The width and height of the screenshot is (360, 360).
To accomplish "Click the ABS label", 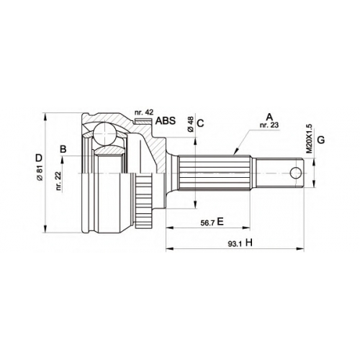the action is [x=166, y=121].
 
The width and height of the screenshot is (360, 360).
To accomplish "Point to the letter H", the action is [x=249, y=243].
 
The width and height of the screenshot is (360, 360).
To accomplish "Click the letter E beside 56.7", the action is [x=220, y=222].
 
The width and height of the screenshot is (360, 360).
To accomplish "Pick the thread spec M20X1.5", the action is [x=309, y=138].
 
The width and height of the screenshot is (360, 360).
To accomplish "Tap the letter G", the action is [x=321, y=140].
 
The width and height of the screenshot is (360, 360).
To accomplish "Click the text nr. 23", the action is [x=270, y=125].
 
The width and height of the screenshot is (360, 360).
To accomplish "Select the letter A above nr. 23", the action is [x=270, y=117].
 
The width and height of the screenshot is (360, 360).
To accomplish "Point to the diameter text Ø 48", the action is [x=191, y=125].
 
